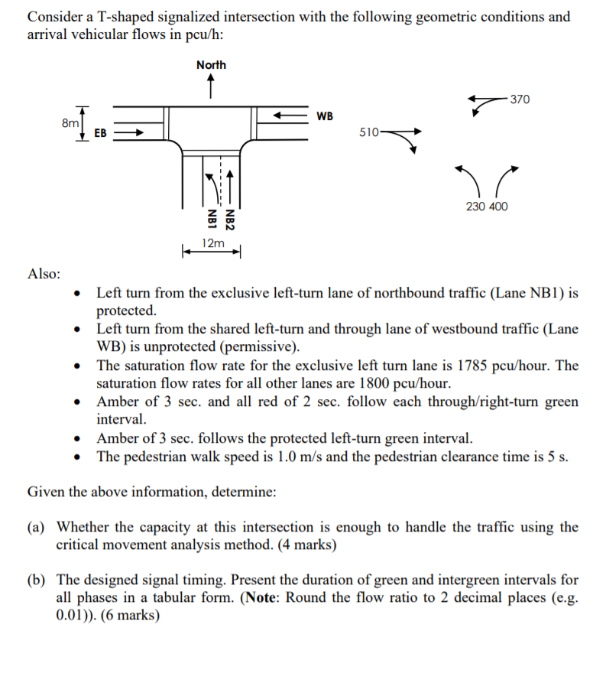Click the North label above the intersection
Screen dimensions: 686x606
pos(211,65)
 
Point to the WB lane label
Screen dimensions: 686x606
pos(325,116)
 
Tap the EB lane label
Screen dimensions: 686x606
pos(100,133)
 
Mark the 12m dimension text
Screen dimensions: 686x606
pos(212,243)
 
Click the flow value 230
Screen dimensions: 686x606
pos(475,206)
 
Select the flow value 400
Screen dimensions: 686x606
pos(497,206)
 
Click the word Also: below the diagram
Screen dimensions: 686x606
pos(45,274)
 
